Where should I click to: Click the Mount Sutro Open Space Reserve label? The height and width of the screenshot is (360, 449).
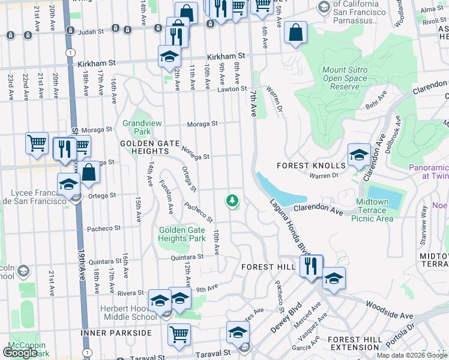(345, 78)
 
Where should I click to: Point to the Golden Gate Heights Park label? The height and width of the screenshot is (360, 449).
(182, 234)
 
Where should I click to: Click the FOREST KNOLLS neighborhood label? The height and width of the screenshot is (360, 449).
(311, 166)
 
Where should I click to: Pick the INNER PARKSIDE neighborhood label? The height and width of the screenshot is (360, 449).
(115, 332)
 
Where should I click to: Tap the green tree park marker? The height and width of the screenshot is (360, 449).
(232, 200)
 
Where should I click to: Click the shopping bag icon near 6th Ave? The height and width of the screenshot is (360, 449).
(296, 33)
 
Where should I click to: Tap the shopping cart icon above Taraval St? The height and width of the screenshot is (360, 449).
(179, 334)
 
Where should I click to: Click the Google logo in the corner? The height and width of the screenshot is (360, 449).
(20, 353)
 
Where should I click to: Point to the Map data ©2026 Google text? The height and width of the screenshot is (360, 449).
(411, 355)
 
